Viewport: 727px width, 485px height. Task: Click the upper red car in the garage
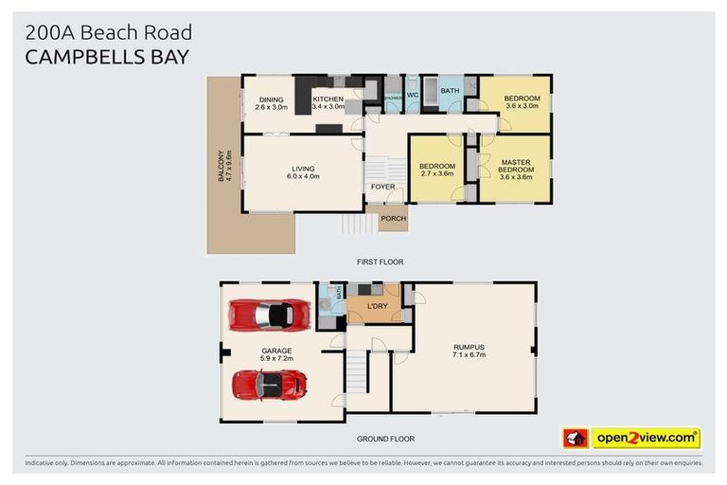coord(270,314)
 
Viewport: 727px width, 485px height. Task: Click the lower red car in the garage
coord(270,385)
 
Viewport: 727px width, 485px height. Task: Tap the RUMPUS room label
coord(469,347)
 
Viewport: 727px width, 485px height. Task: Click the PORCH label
coord(393,219)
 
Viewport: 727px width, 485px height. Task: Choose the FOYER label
coord(382,187)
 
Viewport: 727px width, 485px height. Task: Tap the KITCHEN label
coord(328,99)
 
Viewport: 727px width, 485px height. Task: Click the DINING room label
coord(272,99)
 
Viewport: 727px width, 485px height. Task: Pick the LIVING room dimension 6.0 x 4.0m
coord(304,176)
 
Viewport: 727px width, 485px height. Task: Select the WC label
coord(412,95)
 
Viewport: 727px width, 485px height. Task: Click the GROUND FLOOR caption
coord(385,439)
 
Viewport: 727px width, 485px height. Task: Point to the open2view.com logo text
coord(646,438)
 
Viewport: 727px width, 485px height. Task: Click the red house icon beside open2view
coord(575,438)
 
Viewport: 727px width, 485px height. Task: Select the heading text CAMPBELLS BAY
coord(107,57)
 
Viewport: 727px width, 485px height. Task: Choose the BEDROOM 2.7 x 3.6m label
coord(436,170)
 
